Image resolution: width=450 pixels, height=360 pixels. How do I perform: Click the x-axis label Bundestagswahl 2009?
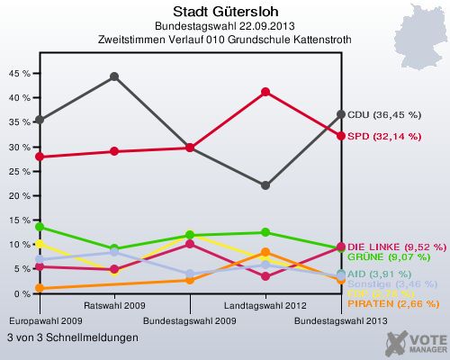tap(190, 319)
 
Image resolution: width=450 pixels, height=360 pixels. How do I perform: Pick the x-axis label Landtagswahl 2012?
tap(265, 305)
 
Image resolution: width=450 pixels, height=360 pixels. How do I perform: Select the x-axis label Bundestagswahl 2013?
tap(340, 319)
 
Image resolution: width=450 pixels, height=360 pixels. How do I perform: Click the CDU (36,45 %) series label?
tap(384, 115)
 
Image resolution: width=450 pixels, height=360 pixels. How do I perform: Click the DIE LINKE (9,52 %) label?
tap(396, 247)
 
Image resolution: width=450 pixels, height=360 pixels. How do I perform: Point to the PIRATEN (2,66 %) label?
tap(392, 304)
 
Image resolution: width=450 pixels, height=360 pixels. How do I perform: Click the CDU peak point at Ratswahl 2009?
tap(114, 76)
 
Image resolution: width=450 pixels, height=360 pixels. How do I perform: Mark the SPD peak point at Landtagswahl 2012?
tap(265, 92)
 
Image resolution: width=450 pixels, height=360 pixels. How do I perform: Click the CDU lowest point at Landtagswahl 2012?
tap(265, 185)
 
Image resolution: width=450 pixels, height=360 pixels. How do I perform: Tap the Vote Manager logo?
tap(415, 342)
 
